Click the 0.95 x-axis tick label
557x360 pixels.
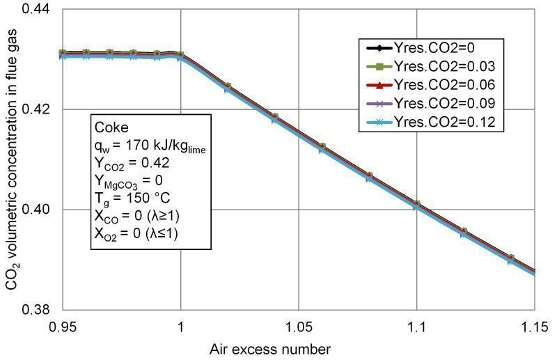click(x=63, y=324)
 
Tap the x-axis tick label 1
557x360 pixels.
click(x=181, y=324)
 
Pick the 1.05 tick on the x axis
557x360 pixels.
click(x=299, y=324)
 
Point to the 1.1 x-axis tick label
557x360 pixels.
click(x=417, y=324)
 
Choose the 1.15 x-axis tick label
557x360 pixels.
click(x=535, y=324)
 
